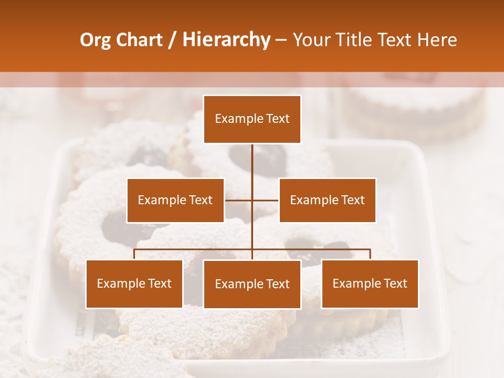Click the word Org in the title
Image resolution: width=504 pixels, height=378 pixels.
95,40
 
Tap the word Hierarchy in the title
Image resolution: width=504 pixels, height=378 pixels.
226,40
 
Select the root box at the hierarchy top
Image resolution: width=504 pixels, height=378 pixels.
252,119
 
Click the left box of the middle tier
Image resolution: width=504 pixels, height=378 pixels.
175,201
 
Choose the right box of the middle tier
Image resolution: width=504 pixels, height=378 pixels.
327,201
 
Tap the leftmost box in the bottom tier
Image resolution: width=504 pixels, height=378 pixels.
134,284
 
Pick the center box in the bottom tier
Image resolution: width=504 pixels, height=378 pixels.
252,285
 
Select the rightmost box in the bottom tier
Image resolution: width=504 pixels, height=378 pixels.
370,284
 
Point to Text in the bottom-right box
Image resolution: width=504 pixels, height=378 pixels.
395,284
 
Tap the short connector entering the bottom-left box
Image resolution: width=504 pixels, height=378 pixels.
134,255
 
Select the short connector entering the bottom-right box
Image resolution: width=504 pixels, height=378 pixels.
370,255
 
